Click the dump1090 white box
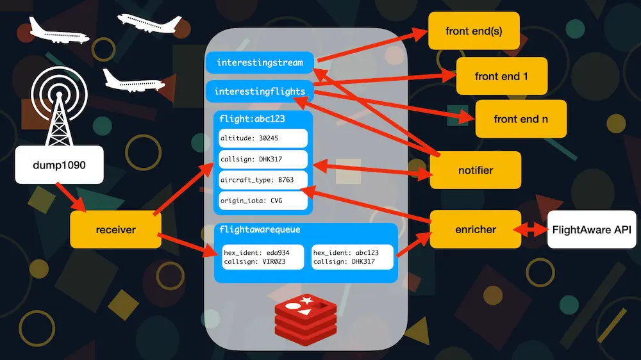[x=59, y=165]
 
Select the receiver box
[x=115, y=229]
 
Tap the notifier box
[x=475, y=170]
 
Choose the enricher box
[x=475, y=229]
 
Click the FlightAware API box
[x=592, y=229]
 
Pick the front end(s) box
[x=473, y=31]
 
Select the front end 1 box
[x=501, y=76]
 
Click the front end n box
[x=520, y=119]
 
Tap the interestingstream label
[x=260, y=63]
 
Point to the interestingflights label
[x=260, y=92]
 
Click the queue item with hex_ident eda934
[x=262, y=257]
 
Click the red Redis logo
[x=306, y=317]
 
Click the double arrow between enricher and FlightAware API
[x=534, y=229]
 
